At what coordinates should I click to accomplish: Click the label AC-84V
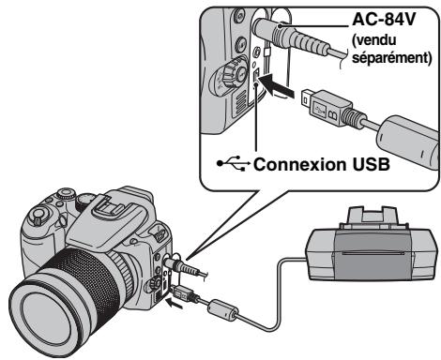(384, 20)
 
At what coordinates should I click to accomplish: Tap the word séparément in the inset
(392, 57)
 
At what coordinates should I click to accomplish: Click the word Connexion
(300, 164)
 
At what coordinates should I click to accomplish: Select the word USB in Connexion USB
(372, 164)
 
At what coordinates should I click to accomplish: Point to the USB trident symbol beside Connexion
(234, 163)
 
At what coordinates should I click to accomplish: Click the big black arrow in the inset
(277, 85)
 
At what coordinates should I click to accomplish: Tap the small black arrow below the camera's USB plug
(174, 303)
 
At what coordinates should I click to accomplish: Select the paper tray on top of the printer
(373, 217)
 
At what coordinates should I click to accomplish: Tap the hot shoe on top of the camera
(110, 205)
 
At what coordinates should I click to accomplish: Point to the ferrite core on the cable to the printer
(223, 309)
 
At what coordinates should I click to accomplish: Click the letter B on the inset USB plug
(331, 115)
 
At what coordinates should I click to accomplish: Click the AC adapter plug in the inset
(291, 35)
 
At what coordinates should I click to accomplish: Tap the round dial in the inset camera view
(230, 76)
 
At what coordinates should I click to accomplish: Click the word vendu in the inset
(374, 40)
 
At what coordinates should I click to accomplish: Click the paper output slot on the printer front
(373, 253)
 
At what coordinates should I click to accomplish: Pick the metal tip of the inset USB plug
(306, 97)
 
